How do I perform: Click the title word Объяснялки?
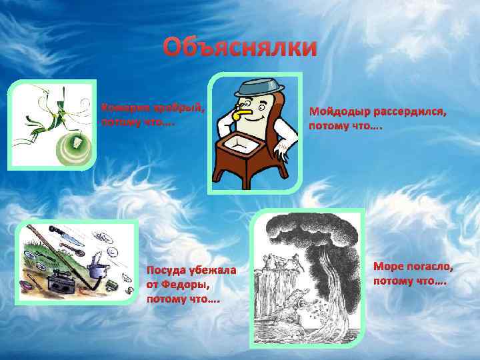(241, 48)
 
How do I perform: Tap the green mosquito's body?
(49, 124)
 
